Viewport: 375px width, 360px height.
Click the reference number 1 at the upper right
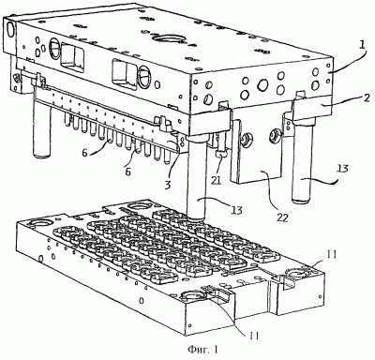[361, 46]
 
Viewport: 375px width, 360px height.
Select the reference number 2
[367, 97]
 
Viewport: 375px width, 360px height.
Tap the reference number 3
[168, 185]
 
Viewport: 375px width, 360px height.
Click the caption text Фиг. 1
[202, 350]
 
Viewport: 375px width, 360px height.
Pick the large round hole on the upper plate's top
[168, 38]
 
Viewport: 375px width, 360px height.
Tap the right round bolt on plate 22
[274, 134]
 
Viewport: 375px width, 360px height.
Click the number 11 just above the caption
[253, 336]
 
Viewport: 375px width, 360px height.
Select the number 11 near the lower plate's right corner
[332, 255]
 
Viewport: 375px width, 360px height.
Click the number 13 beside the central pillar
[236, 210]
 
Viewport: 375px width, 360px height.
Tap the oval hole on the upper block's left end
[10, 30]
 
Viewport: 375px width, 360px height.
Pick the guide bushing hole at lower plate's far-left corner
[38, 224]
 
